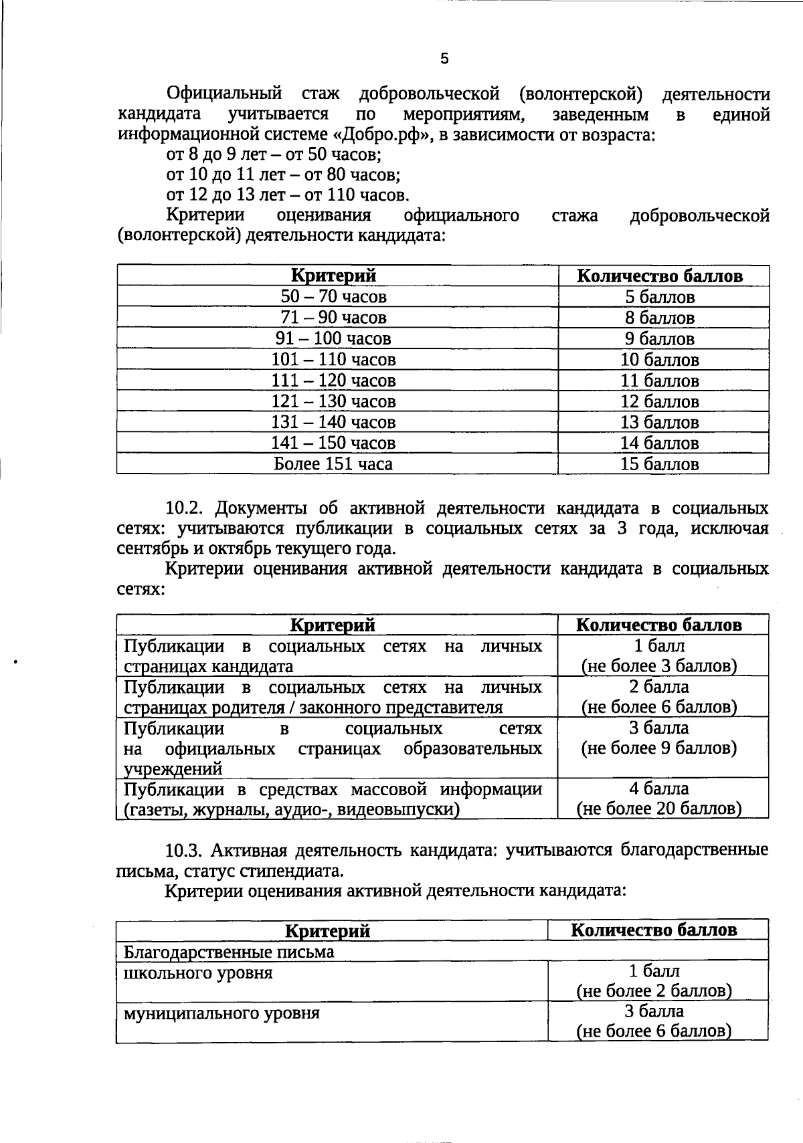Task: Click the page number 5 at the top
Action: tap(444, 59)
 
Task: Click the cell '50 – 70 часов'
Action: tap(333, 296)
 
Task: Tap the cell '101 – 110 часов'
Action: tap(333, 360)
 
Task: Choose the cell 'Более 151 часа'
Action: tap(333, 464)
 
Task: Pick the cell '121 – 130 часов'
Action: tap(333, 401)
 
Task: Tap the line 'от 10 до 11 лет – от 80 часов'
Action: tap(282, 175)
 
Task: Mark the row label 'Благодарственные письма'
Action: tap(229, 951)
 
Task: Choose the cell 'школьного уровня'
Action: tap(198, 972)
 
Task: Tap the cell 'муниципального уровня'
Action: tap(221, 1013)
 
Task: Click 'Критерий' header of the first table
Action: tap(333, 276)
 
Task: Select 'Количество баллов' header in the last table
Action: tap(654, 930)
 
